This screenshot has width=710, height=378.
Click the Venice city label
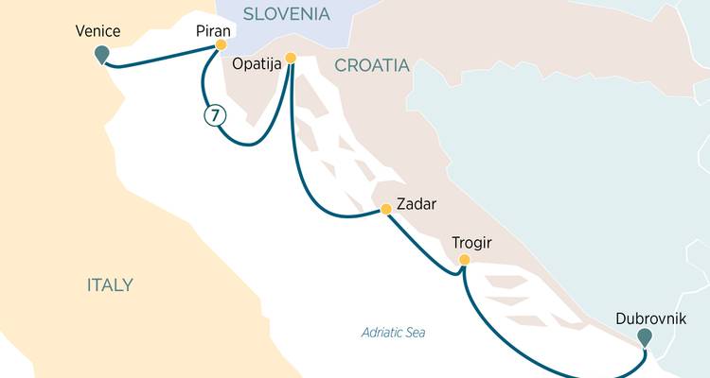[x=98, y=31]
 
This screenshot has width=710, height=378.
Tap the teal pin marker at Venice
[x=101, y=56]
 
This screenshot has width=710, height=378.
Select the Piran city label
[x=213, y=30]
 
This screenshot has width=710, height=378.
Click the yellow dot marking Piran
[x=221, y=44]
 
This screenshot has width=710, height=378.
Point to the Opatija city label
[x=258, y=64]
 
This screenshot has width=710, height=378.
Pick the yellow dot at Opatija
[x=291, y=58]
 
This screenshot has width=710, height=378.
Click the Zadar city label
[x=417, y=203]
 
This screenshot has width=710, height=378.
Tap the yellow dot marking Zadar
[x=385, y=209]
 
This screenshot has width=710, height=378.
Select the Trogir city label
[x=470, y=244]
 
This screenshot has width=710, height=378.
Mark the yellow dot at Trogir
[x=464, y=260]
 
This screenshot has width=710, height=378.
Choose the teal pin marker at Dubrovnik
[x=645, y=336]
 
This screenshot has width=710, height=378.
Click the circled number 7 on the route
[x=215, y=115]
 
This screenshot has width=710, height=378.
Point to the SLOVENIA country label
[x=287, y=14]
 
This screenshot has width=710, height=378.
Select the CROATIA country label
[x=370, y=66]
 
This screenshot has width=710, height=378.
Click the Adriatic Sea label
[x=394, y=333]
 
